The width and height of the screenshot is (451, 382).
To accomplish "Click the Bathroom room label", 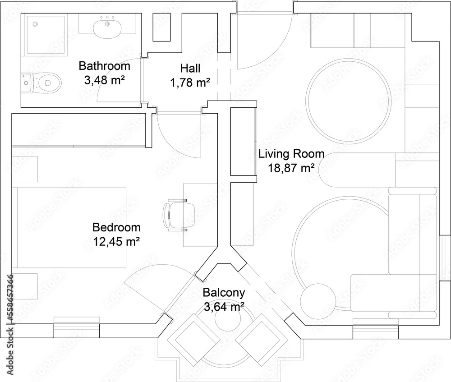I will point(104,66).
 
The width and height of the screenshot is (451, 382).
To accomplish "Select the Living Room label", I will point(291,153).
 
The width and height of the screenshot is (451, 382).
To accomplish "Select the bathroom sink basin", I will point(107,28).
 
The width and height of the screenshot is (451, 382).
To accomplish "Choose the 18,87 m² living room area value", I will point(291,168).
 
